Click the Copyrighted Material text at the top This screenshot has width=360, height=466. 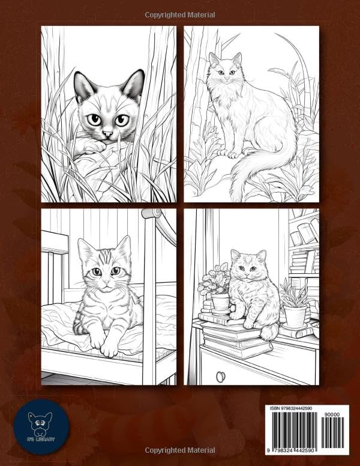point(180,14)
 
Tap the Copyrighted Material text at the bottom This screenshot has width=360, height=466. point(180,450)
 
